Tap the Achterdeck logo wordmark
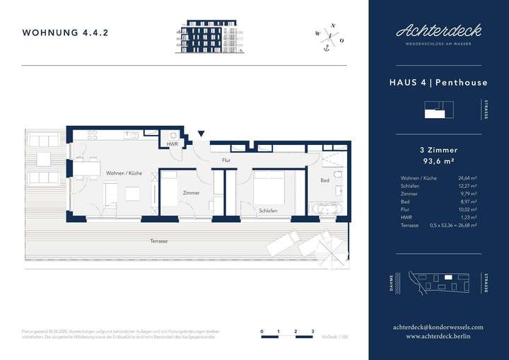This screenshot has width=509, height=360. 438,30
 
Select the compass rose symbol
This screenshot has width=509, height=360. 327,35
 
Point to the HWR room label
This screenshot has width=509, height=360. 172,144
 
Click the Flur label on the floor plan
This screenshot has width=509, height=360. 226,161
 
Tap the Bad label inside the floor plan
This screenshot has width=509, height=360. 324,180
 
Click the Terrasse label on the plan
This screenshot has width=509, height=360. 159,241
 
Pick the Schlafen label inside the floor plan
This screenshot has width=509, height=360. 267,211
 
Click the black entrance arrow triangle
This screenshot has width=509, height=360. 201,134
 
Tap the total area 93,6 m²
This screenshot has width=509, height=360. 438,161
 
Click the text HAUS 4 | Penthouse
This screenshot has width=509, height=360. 438,83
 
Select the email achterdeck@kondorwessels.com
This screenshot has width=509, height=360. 438,327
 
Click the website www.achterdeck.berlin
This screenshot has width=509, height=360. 438,337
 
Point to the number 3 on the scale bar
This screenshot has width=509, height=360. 312,331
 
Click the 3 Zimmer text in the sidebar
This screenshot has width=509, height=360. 438,150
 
